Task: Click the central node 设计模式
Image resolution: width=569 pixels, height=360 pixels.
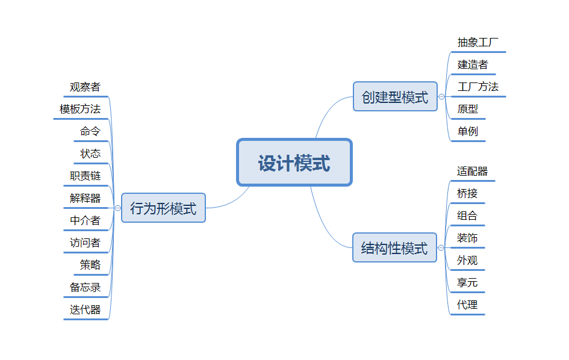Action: click(294, 163)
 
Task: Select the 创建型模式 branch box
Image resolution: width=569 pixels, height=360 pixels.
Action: click(395, 97)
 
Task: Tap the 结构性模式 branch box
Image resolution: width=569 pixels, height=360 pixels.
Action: click(394, 247)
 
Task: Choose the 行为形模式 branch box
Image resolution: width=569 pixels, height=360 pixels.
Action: click(163, 208)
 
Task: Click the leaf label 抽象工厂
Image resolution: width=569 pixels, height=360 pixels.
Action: click(477, 43)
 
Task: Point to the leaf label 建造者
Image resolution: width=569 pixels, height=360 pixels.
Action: click(473, 64)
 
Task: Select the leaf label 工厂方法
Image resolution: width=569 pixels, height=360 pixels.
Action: click(477, 87)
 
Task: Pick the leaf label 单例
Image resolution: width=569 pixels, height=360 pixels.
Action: click(467, 131)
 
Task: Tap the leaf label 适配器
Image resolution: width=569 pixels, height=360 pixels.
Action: click(472, 172)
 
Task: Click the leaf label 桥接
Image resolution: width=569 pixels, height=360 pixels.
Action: click(467, 193)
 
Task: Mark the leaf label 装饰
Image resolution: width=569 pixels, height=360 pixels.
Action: click(467, 238)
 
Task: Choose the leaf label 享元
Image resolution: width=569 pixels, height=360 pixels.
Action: click(467, 282)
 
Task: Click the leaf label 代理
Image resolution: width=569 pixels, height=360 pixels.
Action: click(467, 305)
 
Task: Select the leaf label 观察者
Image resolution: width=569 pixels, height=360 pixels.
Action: click(85, 87)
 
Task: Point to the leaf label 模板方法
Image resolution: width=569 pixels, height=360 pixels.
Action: click(80, 109)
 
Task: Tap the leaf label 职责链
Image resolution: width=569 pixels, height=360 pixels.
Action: click(85, 176)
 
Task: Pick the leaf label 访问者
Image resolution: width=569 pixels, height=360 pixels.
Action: click(85, 243)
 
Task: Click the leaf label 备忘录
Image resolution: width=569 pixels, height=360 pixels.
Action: click(85, 287)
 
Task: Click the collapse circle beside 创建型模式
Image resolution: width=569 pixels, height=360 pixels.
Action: click(441, 97)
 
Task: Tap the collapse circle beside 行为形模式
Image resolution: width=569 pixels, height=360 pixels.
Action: click(117, 208)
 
